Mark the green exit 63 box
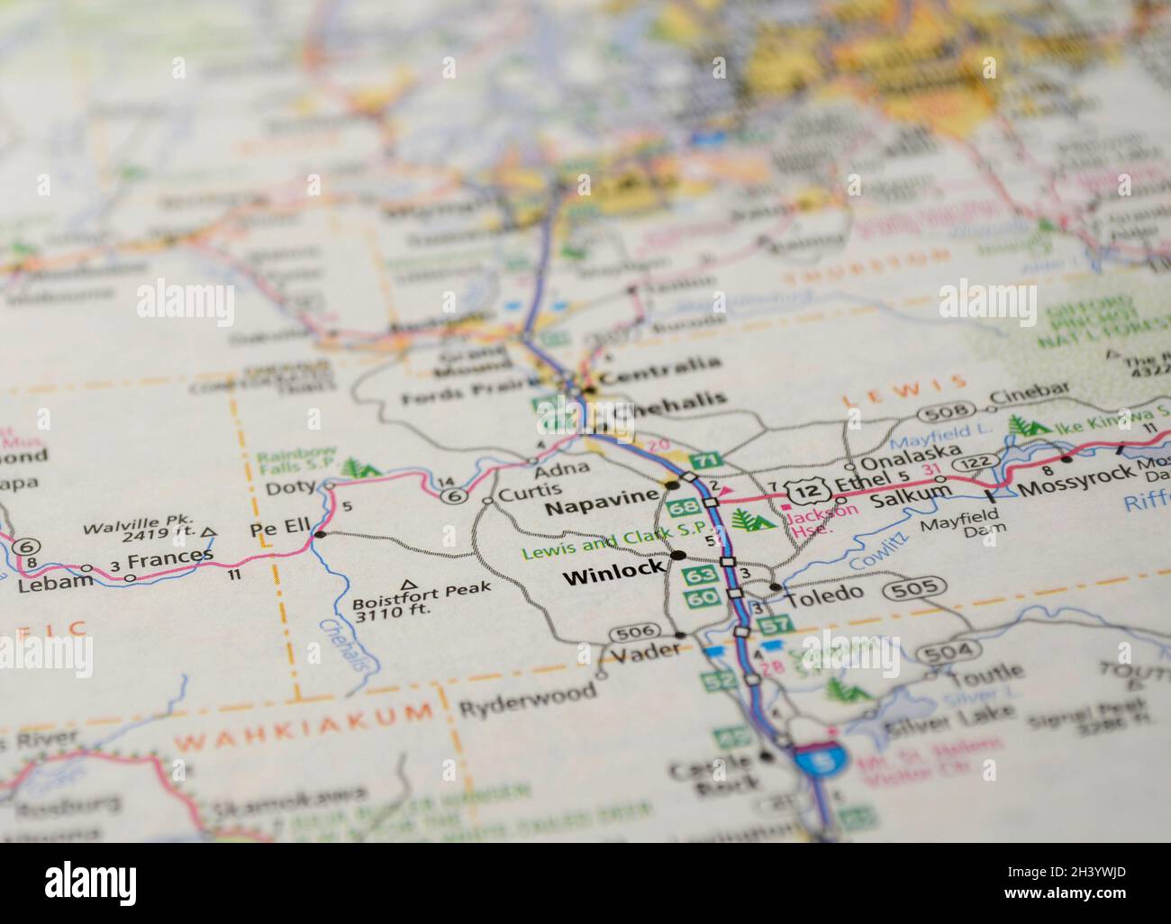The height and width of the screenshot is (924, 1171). tap(699, 575)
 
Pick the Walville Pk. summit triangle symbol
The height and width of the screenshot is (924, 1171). tap(209, 533)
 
